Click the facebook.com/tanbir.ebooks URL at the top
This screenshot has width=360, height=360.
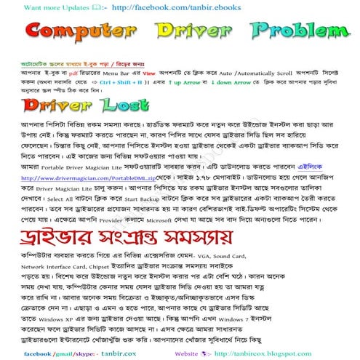pyautogui.click(x=134, y=6)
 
